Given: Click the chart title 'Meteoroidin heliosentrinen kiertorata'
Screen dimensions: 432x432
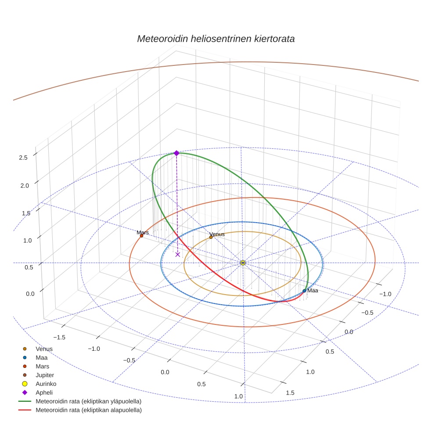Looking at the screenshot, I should point(216,39).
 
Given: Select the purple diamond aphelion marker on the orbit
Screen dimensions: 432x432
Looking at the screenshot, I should point(176,153).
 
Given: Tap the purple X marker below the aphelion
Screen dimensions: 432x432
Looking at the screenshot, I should point(178,254).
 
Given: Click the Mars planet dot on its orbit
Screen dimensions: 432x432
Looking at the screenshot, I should point(141,236).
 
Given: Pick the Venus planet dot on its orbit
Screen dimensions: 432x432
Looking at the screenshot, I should point(211,237).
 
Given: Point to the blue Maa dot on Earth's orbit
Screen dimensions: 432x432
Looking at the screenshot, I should point(304,291).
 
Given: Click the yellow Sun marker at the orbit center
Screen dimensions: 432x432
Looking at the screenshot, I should point(243,263).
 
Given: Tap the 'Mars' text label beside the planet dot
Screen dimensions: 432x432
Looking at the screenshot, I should point(143,232).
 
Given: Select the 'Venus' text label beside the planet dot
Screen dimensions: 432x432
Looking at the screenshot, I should point(217,234).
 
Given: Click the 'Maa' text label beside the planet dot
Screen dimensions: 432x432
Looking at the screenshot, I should point(313,291).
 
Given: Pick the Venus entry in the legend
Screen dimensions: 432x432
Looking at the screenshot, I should point(44,349).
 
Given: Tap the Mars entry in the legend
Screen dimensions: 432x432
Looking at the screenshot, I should point(42,366).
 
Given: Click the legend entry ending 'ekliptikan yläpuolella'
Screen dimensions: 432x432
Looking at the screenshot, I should point(88,401).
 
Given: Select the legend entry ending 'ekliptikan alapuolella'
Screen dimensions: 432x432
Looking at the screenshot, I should point(88,410).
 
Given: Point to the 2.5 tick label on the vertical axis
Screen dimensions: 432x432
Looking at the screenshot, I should point(24,158).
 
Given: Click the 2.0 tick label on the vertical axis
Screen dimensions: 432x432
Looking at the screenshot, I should point(24,186).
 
